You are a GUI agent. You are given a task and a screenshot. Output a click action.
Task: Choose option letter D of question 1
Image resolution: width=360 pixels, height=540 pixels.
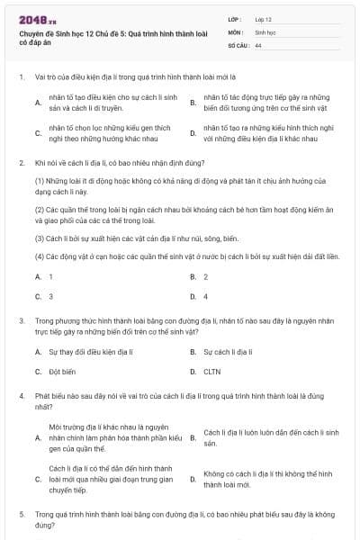193,133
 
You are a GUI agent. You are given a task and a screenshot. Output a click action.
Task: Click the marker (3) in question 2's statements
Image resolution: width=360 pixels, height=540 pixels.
40,238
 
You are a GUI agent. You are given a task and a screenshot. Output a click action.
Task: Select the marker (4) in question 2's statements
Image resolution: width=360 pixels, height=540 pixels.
40,256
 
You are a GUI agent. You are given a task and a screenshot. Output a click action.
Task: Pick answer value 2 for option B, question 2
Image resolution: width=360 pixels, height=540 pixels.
205,276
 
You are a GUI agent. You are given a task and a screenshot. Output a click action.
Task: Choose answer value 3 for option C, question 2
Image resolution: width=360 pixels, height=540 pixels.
50,296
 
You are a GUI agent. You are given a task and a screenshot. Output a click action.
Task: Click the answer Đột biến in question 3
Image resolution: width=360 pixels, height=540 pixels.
63,371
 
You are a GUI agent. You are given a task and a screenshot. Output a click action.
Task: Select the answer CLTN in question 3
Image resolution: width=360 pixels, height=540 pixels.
212,371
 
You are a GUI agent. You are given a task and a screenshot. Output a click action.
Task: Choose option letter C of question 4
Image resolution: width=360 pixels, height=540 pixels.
38,479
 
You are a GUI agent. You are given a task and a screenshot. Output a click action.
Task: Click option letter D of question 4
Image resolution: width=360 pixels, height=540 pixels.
193,479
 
